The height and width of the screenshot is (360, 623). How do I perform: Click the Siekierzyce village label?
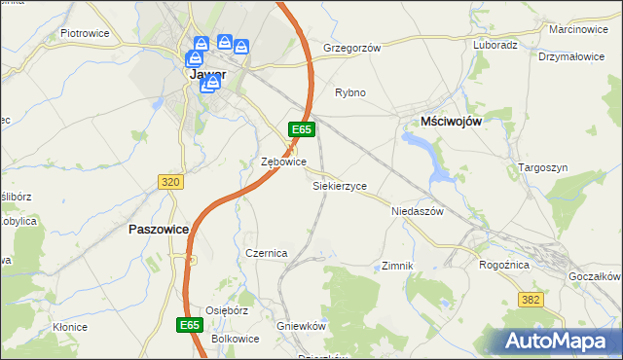tap(339, 184)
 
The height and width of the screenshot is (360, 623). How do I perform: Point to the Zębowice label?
tap(285, 162)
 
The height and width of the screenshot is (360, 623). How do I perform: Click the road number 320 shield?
tap(170, 182)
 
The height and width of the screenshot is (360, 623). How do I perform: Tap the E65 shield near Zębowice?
tap(301, 129)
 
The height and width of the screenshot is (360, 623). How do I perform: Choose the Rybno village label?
tap(349, 92)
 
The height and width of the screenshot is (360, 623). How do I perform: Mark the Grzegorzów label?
tap(351, 47)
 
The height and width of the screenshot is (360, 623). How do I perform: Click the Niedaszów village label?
tap(417, 210)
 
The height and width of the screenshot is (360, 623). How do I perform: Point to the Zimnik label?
tap(398, 265)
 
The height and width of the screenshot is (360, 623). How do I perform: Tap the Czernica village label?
tap(266, 253)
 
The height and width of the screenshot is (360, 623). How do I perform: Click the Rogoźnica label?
tap(504, 264)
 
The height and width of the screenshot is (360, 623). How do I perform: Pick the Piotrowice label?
tap(84, 32)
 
